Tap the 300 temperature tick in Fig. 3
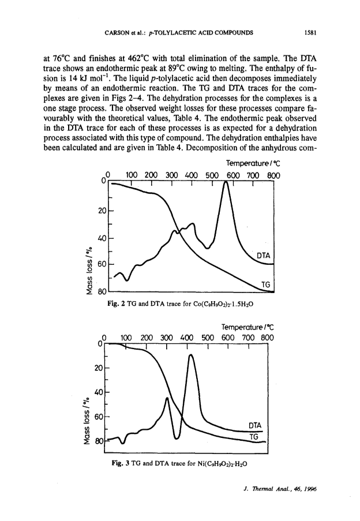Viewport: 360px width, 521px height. click(x=166, y=338)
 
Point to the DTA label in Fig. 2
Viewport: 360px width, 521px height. click(x=264, y=256)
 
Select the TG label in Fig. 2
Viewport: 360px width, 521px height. click(x=266, y=284)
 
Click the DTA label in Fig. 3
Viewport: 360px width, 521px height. click(x=255, y=426)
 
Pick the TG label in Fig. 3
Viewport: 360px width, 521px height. click(x=254, y=437)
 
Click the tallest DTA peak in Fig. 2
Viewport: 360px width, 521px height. click(x=226, y=182)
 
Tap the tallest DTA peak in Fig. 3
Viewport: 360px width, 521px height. click(x=190, y=355)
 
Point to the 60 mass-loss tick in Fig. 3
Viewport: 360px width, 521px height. click(x=99, y=417)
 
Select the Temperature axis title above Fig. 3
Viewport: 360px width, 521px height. click(x=247, y=327)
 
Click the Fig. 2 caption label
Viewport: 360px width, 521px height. click(x=116, y=303)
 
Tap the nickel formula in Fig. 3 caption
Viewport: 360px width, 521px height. click(x=222, y=463)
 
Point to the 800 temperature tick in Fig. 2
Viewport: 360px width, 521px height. click(x=273, y=175)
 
